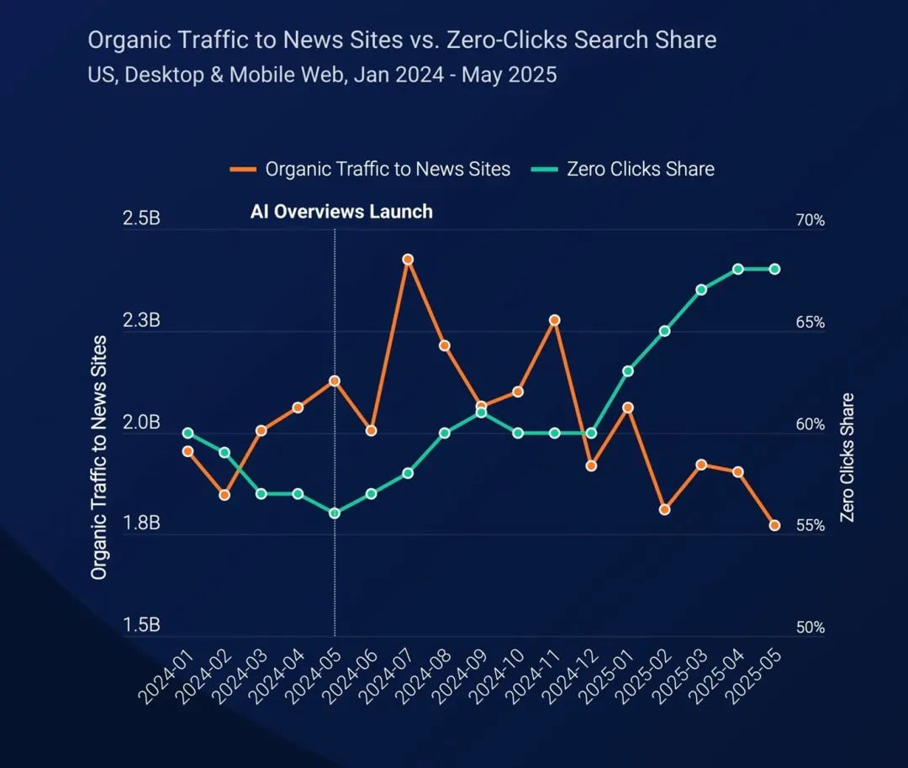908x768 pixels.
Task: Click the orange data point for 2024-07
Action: pyautogui.click(x=408, y=260)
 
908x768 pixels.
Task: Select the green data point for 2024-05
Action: pyautogui.click(x=335, y=513)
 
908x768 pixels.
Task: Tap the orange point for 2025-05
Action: pyautogui.click(x=774, y=526)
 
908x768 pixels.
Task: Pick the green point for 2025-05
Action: pyautogui.click(x=774, y=269)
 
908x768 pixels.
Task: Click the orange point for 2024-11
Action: pyautogui.click(x=554, y=320)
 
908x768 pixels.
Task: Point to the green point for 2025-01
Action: pyautogui.click(x=627, y=371)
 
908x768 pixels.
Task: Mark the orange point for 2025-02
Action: pyautogui.click(x=664, y=510)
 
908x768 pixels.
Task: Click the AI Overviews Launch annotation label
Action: pyautogui.click(x=341, y=212)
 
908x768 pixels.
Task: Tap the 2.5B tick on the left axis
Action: pyautogui.click(x=141, y=219)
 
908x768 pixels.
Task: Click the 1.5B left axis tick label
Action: pyautogui.click(x=141, y=626)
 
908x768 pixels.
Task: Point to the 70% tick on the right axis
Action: pyautogui.click(x=810, y=221)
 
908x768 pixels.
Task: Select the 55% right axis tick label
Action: pyautogui.click(x=810, y=526)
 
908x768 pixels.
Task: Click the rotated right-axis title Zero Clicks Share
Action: pyautogui.click(x=847, y=457)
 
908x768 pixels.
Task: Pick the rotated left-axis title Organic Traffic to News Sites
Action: pyautogui.click(x=99, y=457)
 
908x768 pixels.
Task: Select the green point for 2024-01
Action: pyautogui.click(x=188, y=434)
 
